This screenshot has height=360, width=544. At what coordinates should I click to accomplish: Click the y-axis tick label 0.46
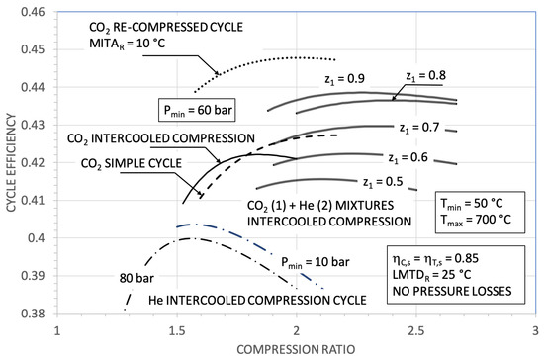pos(35,12)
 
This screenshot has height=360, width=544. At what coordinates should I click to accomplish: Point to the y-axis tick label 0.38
pos(35,314)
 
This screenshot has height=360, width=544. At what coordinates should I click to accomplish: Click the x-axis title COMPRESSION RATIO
pos(296,348)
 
